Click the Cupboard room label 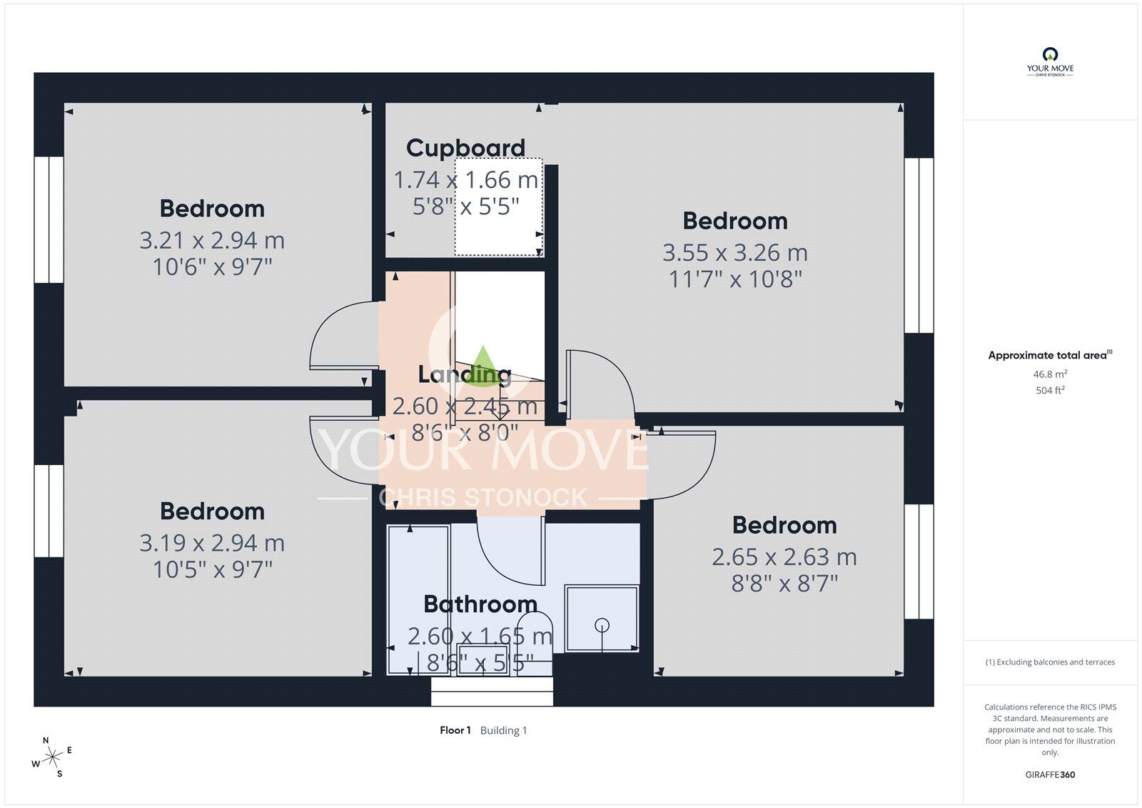pos(465,149)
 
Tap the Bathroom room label pos(480,604)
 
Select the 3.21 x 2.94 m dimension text pos(212,241)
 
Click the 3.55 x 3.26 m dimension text pos(735,253)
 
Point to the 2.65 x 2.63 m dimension pos(784,557)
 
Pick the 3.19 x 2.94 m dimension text pos(212,542)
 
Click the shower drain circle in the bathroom pos(602,625)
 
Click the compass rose pos(52,757)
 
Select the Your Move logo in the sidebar pos(1050,62)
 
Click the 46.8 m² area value pos(1050,374)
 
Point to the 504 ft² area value pos(1050,391)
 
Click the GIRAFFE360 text pos(1050,774)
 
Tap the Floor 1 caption pos(455,730)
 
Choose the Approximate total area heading pos(1050,355)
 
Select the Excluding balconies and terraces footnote pos(1050,662)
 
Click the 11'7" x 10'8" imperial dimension pos(735,279)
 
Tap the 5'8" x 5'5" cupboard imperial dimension pos(465,206)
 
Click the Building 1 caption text pos(503,730)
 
